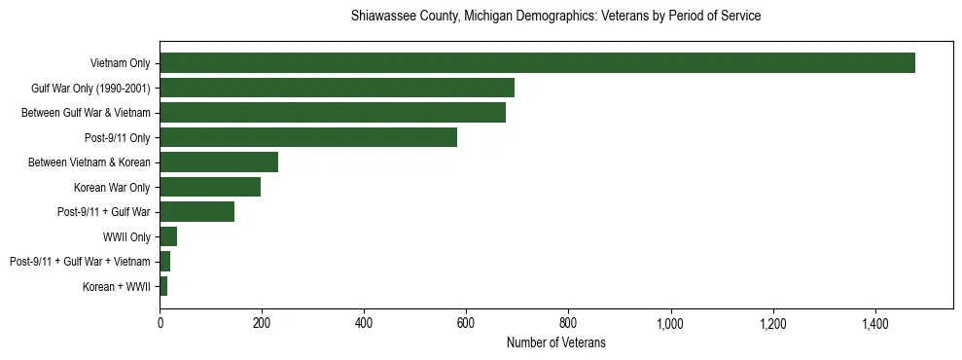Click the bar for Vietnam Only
tap(537, 63)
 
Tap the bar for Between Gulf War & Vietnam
tap(333, 113)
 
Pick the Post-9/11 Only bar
tap(308, 137)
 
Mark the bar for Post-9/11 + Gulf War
tap(197, 212)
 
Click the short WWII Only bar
tap(168, 236)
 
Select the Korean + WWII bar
tap(163, 286)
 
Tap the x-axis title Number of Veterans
tap(555, 342)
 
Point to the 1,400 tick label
tap(875, 323)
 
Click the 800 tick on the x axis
tap(568, 323)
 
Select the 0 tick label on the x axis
tap(160, 323)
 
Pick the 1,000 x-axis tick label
tap(671, 323)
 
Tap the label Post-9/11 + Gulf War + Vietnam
tap(80, 262)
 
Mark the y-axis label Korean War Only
tap(112, 187)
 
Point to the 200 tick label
tap(262, 323)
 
